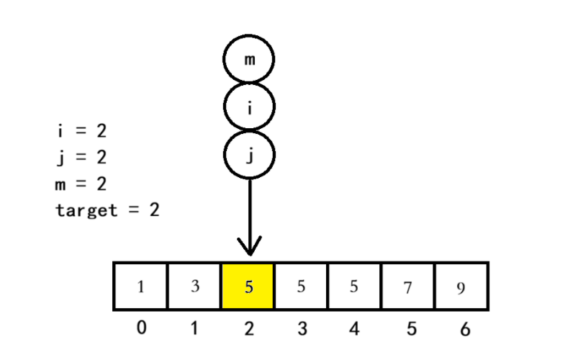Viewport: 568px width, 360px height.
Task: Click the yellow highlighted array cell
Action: point(248,286)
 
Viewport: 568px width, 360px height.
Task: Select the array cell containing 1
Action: point(140,286)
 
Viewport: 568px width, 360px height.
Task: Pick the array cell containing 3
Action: point(194,286)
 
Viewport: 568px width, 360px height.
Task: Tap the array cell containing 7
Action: point(408,286)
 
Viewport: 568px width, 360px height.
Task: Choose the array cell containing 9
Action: point(461,286)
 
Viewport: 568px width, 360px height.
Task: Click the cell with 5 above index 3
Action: point(301,286)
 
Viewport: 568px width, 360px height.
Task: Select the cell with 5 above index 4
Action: point(354,286)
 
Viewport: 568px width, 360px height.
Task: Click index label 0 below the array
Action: point(142,328)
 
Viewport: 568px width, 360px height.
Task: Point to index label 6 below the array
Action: point(465,329)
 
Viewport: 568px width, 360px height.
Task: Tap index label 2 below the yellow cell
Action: point(249,328)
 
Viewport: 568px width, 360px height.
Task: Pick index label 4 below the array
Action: point(354,328)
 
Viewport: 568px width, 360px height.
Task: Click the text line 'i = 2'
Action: point(82,130)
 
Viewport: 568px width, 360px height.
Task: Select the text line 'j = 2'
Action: point(82,158)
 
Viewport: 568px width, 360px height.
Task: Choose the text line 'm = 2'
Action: point(81,184)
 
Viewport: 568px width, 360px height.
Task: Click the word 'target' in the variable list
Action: point(86,210)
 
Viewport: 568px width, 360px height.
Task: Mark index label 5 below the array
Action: point(412,329)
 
